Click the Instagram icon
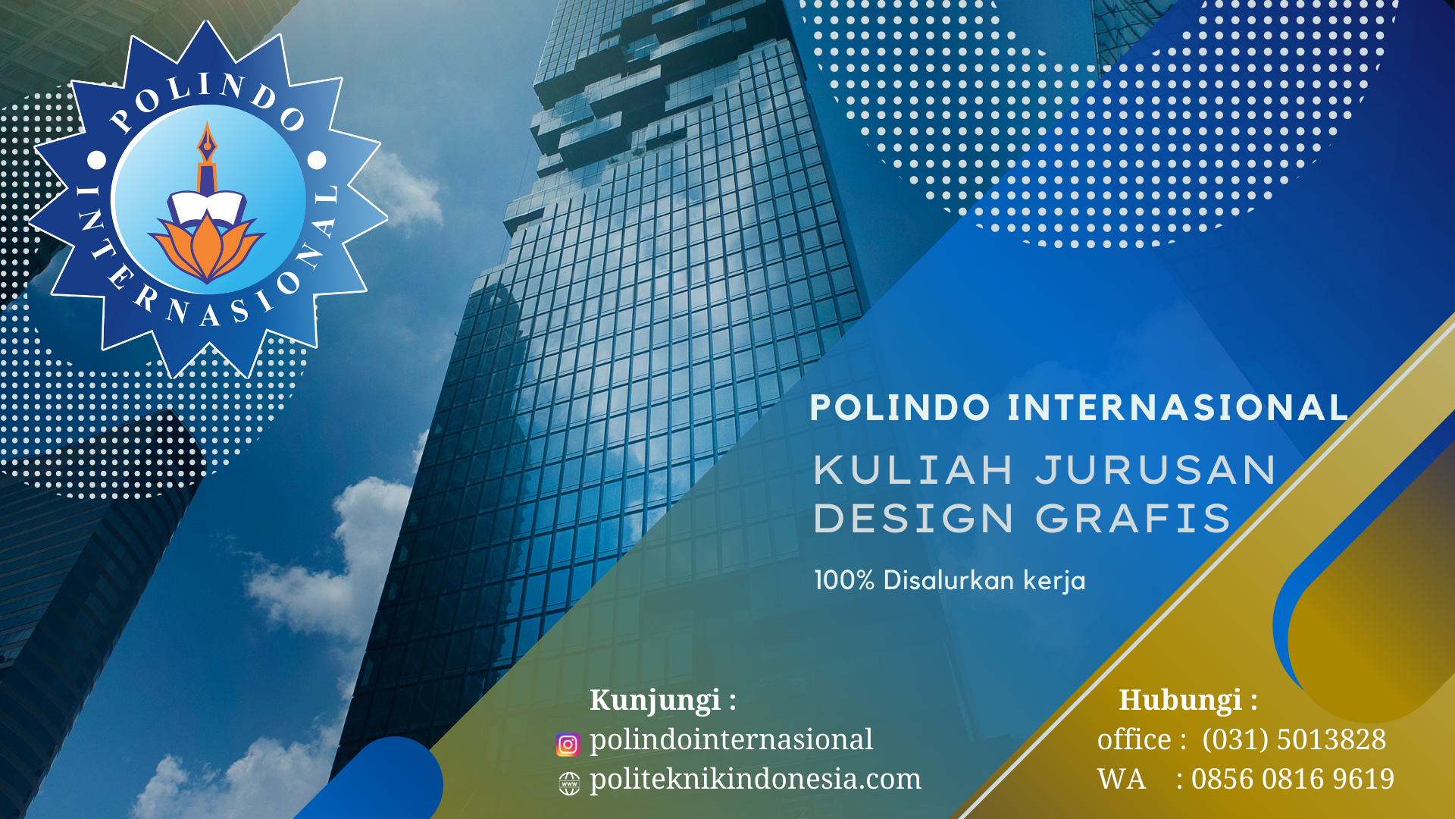568,745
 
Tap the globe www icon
569,783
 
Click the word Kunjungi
656,700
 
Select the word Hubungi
1181,700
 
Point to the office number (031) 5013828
1294,739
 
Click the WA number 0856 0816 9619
1293,779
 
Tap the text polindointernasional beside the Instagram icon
731,739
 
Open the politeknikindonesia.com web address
756,779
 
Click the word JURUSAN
1156,470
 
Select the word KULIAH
913,470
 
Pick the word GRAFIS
1133,519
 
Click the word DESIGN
913,519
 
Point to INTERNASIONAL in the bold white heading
1178,408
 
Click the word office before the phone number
1134,739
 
